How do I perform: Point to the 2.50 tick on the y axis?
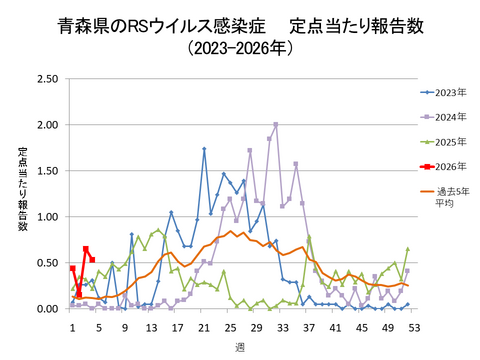pos(45,79)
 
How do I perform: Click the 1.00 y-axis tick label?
pos(45,217)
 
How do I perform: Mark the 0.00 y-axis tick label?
pos(45,309)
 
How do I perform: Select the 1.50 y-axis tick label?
pos(45,171)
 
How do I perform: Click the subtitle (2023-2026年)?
pos(240,47)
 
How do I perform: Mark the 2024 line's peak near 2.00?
pos(276,125)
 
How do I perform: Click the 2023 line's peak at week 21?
pos(204,149)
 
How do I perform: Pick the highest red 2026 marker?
pos(86,249)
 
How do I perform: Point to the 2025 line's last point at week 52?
pos(408,249)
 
